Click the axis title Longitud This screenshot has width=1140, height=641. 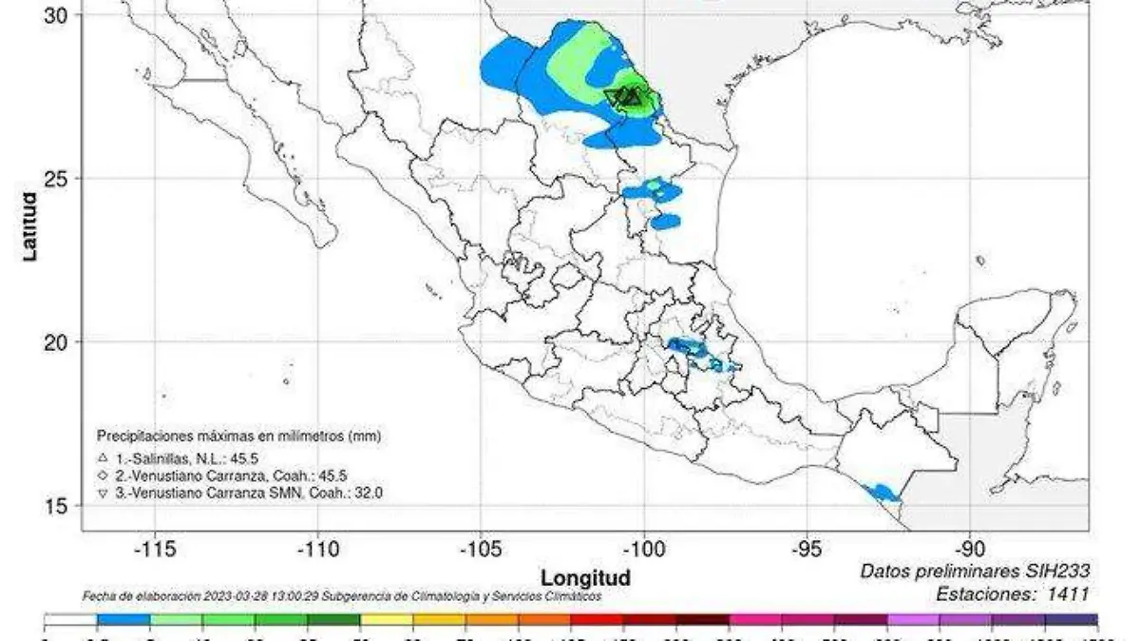click(585, 577)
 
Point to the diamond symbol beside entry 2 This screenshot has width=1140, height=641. click(103, 476)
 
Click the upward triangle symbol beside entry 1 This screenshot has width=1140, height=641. click(103, 458)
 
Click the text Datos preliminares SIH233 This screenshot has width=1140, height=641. click(974, 571)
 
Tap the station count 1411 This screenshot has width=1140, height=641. click(1068, 593)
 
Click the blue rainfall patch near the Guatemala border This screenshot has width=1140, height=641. click(883, 492)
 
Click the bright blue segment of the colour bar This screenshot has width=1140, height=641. click(123, 619)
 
